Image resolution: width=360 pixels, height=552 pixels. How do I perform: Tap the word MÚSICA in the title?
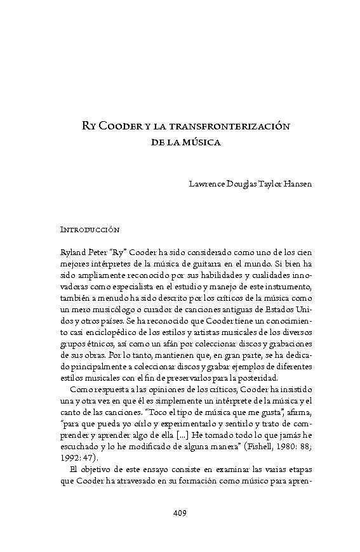point(201,144)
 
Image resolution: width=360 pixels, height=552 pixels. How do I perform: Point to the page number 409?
point(180,513)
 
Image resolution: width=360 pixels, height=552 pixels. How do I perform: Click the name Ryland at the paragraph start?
point(72,251)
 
